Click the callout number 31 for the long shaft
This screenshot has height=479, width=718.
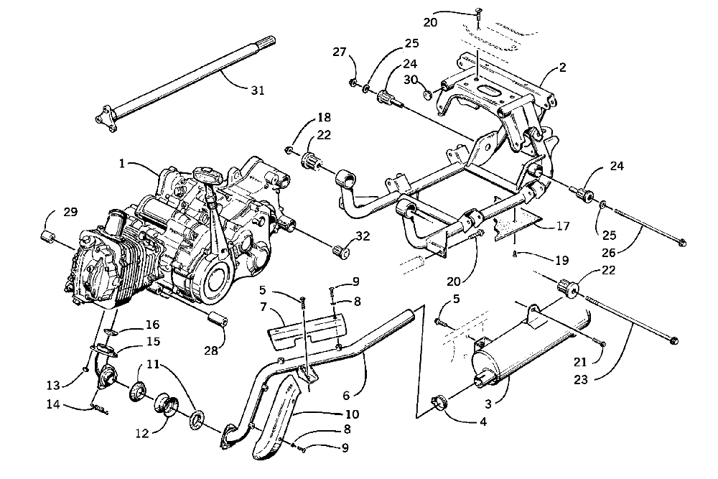pyautogui.click(x=257, y=90)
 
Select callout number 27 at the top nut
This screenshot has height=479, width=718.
pyautogui.click(x=340, y=52)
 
